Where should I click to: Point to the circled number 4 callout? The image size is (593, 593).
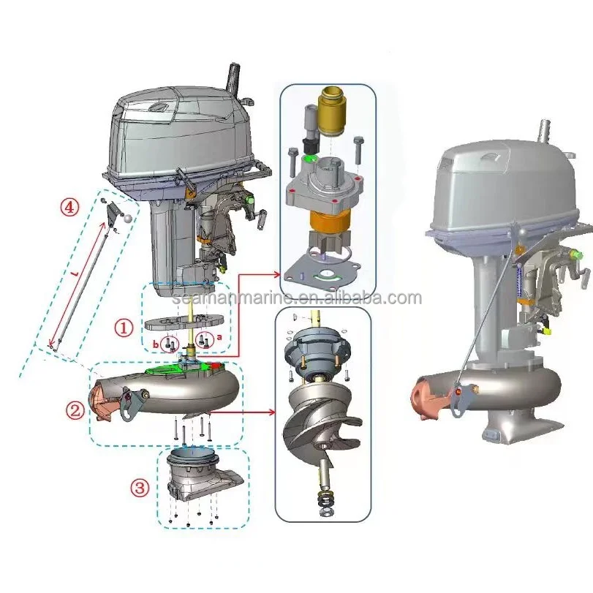tap(69, 208)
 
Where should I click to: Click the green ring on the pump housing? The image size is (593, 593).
tap(313, 157)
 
